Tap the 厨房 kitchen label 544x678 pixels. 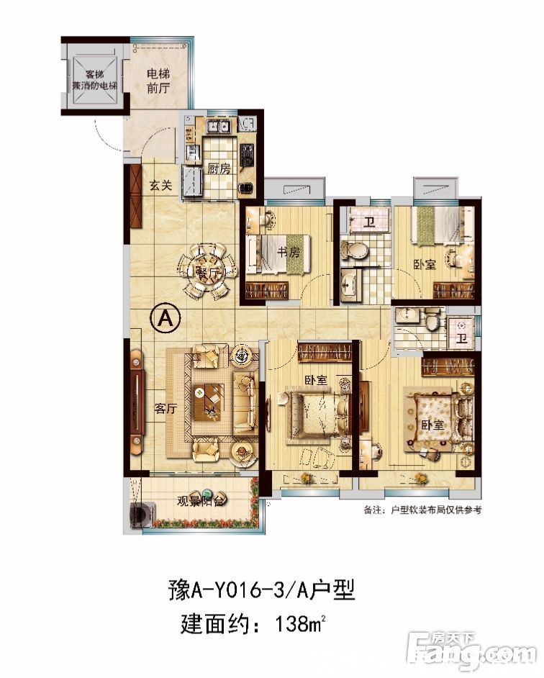point(219,170)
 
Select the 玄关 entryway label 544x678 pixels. point(161,186)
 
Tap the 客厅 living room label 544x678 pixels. point(166,409)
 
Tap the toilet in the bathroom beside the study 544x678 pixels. point(353,250)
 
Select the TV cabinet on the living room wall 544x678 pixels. point(135,407)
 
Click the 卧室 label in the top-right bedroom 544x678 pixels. point(425,264)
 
